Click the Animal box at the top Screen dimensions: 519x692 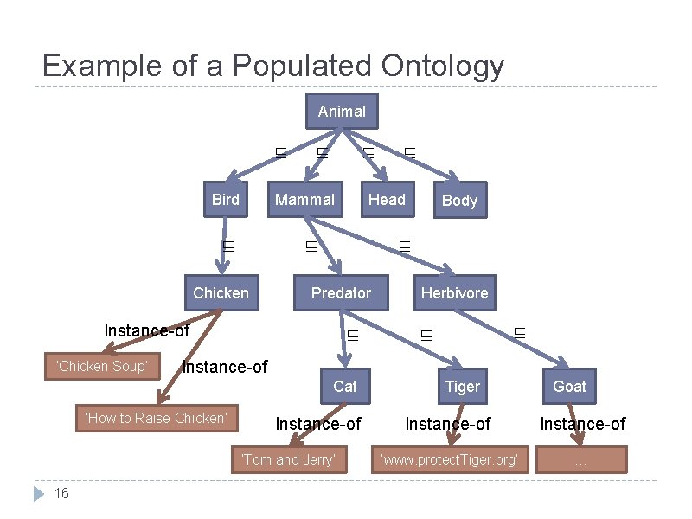pos(342,111)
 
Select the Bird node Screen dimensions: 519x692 pos(226,200)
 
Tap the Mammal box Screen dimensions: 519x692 pos(304,200)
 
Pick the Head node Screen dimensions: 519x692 pos(387,200)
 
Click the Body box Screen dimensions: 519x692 pos(459,201)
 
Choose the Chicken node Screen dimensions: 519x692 pos(221,293)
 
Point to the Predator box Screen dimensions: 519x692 pos(341,293)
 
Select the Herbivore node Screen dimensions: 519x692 pos(454,293)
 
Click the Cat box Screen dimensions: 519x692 pos(344,386)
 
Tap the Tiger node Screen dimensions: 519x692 pos(462,386)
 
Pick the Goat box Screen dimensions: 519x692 pos(569,386)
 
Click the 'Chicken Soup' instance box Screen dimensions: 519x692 pos(102,366)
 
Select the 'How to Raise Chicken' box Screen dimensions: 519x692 pos(156,419)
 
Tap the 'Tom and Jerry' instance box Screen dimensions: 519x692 pos(288,459)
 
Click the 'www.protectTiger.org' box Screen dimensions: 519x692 pos(449,459)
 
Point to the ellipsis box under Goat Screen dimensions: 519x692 pos(580,459)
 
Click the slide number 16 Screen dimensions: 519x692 pos(61,493)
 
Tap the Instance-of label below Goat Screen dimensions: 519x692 pos(582,424)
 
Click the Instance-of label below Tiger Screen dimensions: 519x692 pos(448,424)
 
